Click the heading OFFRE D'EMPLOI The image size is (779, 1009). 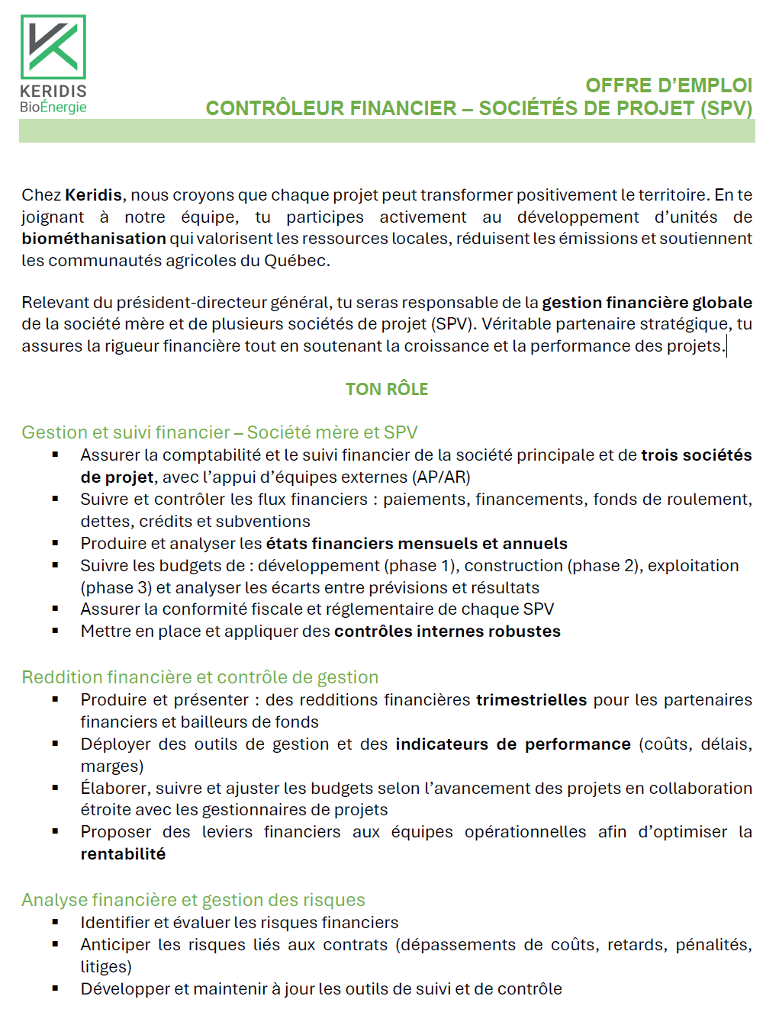pyautogui.click(x=668, y=85)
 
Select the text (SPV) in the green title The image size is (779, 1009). pyautogui.click(x=726, y=108)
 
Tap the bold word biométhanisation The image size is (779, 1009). pyautogui.click(x=93, y=239)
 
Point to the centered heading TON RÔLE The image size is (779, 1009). pyautogui.click(x=387, y=390)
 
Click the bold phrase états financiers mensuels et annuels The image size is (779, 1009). pyautogui.click(x=417, y=544)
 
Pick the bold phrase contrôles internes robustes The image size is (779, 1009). pyautogui.click(x=447, y=631)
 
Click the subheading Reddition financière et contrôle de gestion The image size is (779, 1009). pyautogui.click(x=200, y=677)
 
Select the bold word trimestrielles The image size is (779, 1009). pyautogui.click(x=531, y=700)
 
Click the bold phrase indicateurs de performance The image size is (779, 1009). pyautogui.click(x=513, y=744)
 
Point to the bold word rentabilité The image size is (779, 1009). pyautogui.click(x=123, y=854)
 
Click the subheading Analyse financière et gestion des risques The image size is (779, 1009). pyautogui.click(x=193, y=900)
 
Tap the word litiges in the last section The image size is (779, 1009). pyautogui.click(x=106, y=967)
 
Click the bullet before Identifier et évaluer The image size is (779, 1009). pyautogui.click(x=55, y=922)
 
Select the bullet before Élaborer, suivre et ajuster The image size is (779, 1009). pyautogui.click(x=55, y=788)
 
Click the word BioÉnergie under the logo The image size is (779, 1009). pyautogui.click(x=53, y=108)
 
